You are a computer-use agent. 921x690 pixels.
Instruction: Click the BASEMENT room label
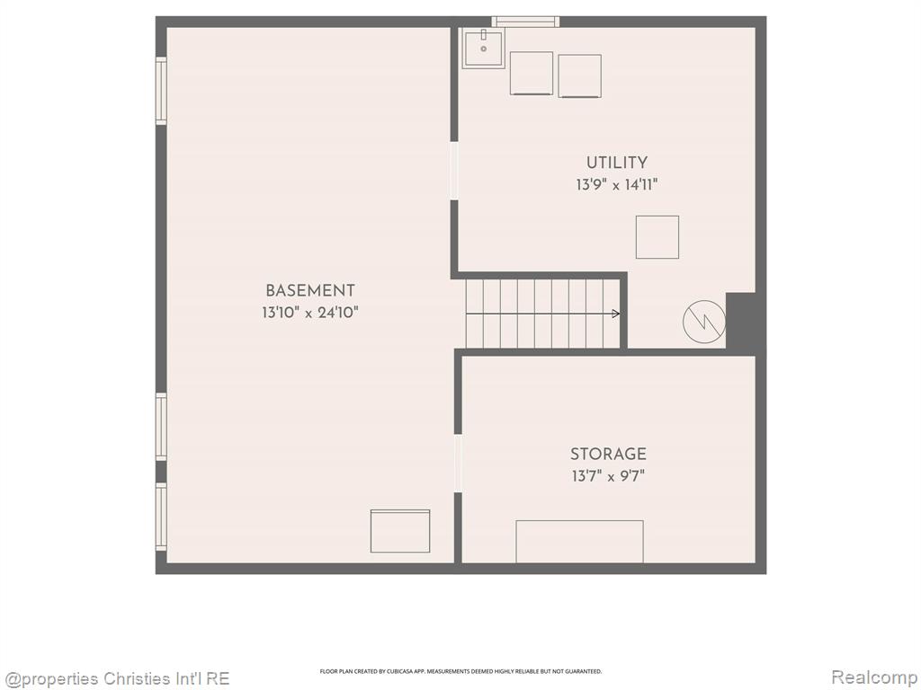tap(310, 290)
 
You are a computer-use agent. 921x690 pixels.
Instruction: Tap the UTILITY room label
tap(617, 163)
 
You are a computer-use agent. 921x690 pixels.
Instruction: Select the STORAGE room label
tap(609, 454)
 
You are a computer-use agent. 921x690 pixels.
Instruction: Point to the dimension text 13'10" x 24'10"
tap(310, 312)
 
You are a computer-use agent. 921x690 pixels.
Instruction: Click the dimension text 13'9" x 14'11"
tap(617, 185)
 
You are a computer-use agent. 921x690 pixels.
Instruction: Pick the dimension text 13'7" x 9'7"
tap(609, 476)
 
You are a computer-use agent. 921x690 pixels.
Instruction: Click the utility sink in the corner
tap(483, 49)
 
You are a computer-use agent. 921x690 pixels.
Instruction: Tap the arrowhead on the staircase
tap(616, 314)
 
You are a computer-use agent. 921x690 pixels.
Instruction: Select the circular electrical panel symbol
tap(703, 322)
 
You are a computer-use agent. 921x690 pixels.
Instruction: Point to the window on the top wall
tap(525, 22)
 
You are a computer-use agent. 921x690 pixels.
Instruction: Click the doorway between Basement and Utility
tap(454, 171)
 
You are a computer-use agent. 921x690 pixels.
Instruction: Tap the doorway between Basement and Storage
tap(458, 463)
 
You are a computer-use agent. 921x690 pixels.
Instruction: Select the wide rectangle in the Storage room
tap(580, 542)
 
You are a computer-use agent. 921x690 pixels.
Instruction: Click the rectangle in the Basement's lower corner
tap(400, 531)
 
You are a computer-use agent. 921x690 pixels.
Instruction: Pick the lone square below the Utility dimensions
tap(657, 237)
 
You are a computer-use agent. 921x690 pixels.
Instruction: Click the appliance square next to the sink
tap(532, 74)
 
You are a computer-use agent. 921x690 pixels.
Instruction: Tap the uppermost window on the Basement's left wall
tap(161, 91)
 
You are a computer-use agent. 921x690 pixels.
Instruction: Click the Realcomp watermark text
tap(874, 677)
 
